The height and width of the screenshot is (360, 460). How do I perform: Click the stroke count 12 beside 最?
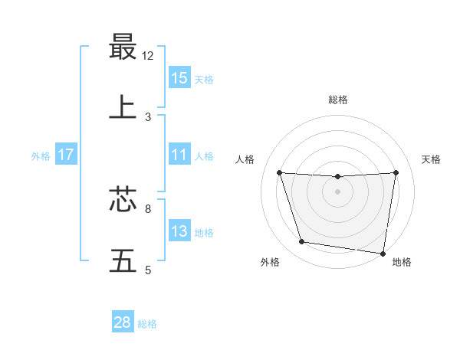[148, 55]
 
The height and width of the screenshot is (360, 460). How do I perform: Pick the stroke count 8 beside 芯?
[148, 208]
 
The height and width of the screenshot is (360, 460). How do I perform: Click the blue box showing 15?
[179, 77]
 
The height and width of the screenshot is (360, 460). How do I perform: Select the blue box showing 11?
[179, 155]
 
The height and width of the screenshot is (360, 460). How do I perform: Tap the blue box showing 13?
[179, 231]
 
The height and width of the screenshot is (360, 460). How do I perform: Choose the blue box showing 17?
[66, 155]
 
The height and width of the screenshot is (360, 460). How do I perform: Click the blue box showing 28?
[123, 322]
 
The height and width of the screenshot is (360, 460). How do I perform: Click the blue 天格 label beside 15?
[204, 79]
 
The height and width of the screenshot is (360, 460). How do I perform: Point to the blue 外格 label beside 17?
[41, 156]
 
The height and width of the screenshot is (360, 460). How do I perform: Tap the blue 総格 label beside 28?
[147, 324]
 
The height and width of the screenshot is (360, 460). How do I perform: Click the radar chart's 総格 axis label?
[338, 100]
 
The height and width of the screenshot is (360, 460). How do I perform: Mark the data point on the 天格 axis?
[396, 172]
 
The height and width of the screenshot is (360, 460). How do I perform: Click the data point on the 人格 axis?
[279, 172]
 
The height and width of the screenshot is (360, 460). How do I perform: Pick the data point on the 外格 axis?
[302, 242]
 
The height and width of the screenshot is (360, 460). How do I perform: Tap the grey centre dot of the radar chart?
[338, 191]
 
